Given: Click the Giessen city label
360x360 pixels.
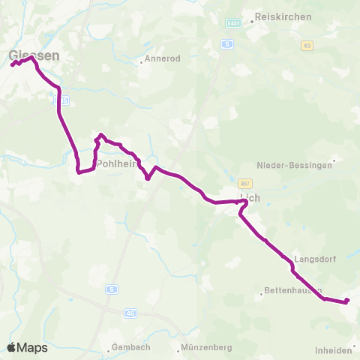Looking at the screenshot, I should click(34, 55).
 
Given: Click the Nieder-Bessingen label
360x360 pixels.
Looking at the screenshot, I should click(293, 165).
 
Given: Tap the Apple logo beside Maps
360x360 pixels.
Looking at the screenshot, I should click(12, 347).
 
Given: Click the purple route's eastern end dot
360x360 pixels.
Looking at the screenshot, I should click(346, 301).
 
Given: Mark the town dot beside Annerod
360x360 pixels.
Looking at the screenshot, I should click(142, 62).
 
